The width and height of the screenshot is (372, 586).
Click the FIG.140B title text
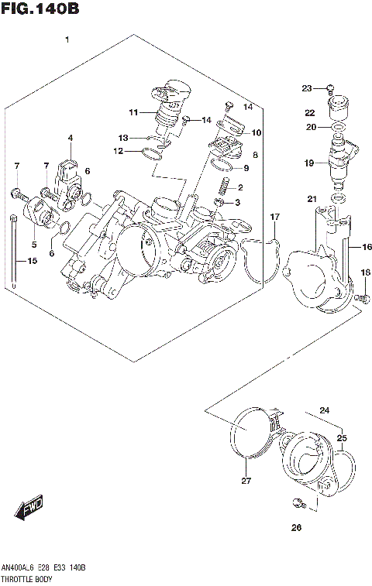pos(37,9)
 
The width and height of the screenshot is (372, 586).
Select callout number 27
pos(246,482)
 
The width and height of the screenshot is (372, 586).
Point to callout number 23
pos(306,87)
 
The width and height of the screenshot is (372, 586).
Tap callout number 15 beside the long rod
pos(32,262)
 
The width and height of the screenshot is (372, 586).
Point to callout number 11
pos(133,113)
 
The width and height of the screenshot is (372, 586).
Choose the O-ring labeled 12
pos(153,156)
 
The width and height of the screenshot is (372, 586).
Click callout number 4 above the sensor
pos(70,139)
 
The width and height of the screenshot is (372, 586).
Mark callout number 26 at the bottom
pos(295,529)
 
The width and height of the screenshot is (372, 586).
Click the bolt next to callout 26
pos(296,505)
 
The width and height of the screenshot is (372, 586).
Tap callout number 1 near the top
pos(68,39)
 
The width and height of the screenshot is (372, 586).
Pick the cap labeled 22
pos(338,106)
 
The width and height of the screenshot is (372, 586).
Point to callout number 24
pos(324,410)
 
